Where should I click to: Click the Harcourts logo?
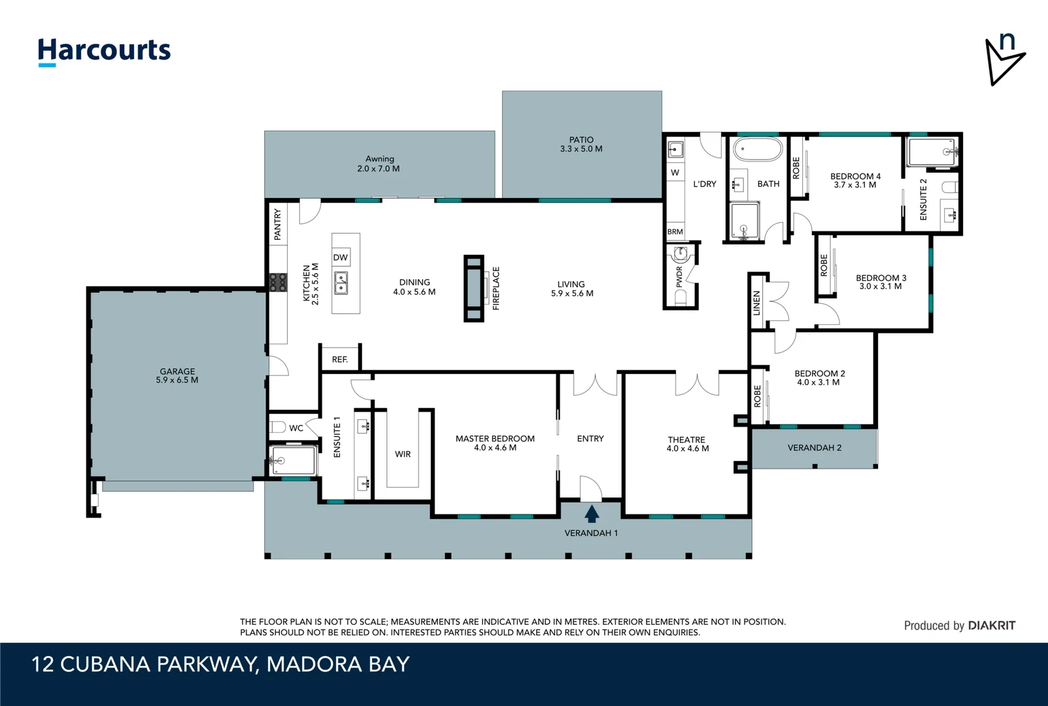click(104, 52)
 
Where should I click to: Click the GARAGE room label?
click(177, 371)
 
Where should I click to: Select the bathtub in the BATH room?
click(758, 150)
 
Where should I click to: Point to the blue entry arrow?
click(592, 514)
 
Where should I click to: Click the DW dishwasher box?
click(341, 258)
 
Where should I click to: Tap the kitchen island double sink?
click(341, 282)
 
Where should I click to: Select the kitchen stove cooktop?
click(278, 282)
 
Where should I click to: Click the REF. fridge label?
click(340, 360)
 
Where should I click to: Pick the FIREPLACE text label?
click(496, 288)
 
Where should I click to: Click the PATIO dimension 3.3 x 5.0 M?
click(582, 149)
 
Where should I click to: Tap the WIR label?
click(403, 454)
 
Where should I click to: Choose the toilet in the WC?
click(278, 427)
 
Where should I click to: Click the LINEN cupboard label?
click(756, 303)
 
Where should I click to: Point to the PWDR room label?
click(679, 277)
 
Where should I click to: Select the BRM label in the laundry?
click(675, 231)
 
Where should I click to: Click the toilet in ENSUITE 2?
click(950, 188)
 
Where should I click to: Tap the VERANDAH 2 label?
click(815, 448)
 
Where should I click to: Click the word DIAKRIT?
click(992, 626)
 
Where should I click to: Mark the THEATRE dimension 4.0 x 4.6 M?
click(688, 448)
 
